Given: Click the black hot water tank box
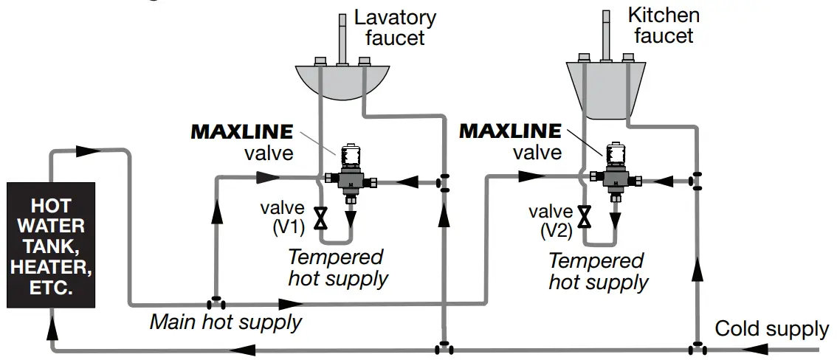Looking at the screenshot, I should pyautogui.click(x=49, y=246).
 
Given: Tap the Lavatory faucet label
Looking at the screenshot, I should pyautogui.click(x=395, y=27).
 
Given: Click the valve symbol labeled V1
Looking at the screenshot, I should pyautogui.click(x=321, y=218).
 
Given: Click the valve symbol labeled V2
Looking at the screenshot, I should pyautogui.click(x=585, y=215).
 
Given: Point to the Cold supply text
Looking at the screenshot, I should pyautogui.click(x=771, y=328).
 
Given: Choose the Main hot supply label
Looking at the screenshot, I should pyautogui.click(x=226, y=322).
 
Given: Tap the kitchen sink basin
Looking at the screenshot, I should pyautogui.click(x=605, y=89).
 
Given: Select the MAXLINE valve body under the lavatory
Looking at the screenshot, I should pyautogui.click(x=350, y=179).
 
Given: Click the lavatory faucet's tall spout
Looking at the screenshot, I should pyautogui.click(x=342, y=37).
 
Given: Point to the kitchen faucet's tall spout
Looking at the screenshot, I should pyautogui.click(x=606, y=32).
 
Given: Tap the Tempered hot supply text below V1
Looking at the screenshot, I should pyautogui.click(x=337, y=268).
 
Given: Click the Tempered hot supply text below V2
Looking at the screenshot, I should pyautogui.click(x=599, y=271).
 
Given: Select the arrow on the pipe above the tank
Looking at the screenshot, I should pyautogui.click(x=88, y=150).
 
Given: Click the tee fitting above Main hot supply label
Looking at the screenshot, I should pyautogui.click(x=216, y=303).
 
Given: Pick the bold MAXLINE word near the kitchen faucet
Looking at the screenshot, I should pyautogui.click(x=510, y=131).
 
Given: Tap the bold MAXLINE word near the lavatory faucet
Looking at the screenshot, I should pyautogui.click(x=242, y=132).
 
